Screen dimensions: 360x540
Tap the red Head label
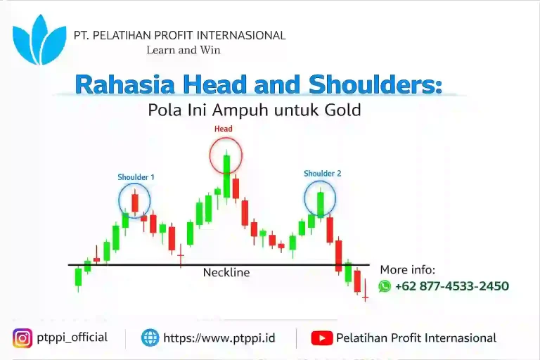point(223,129)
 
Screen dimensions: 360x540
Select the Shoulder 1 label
point(136,177)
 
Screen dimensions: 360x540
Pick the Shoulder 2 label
point(322,173)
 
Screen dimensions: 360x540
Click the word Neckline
point(226,273)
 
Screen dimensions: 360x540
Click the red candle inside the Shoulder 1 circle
point(135,202)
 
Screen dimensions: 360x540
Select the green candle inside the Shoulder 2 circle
point(320,204)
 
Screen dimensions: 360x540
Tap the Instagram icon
point(22,338)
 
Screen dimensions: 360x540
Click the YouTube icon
point(321,338)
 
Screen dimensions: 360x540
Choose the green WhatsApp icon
point(385,286)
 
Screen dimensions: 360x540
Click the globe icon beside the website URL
point(150,338)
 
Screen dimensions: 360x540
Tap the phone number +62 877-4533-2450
point(452,286)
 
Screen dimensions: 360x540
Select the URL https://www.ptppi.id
point(219,338)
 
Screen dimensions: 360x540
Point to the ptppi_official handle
point(73,337)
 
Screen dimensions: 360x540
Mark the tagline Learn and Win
point(184,50)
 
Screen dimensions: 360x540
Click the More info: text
point(408,270)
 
